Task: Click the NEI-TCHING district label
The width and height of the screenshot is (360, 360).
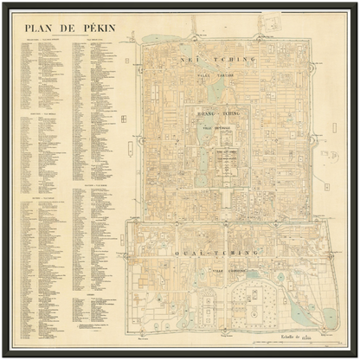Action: coord(226,60)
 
